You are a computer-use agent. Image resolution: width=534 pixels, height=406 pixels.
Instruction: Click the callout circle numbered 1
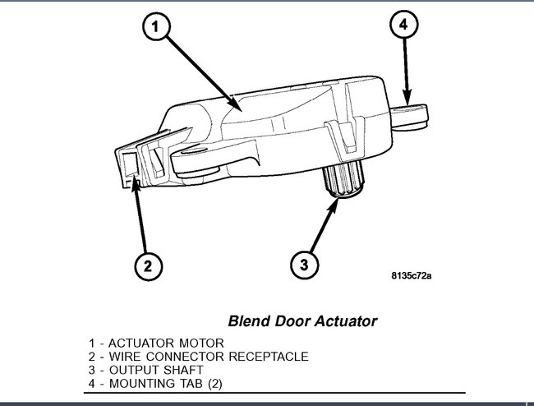[x=159, y=28]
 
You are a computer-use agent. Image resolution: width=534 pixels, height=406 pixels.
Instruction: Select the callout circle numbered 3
[x=304, y=264]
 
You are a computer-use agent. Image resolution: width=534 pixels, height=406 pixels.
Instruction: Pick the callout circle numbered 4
[x=403, y=25]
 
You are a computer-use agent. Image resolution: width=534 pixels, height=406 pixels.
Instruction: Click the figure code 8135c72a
[x=412, y=275]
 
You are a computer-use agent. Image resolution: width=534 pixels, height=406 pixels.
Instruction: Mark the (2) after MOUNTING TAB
[x=211, y=384]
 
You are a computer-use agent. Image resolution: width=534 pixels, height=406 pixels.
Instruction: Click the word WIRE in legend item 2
[x=120, y=356]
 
